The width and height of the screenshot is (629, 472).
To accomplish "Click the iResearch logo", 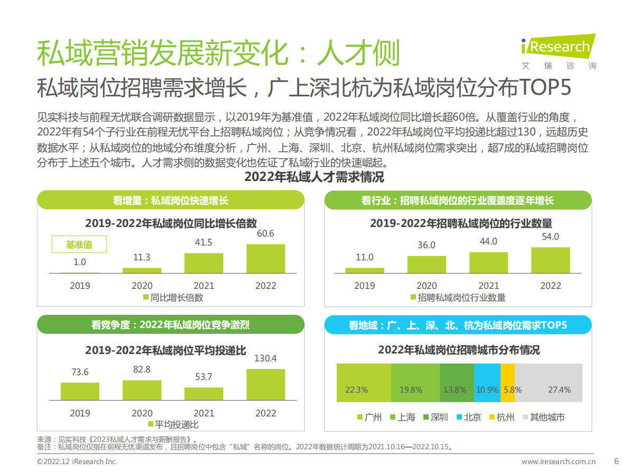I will click(x=557, y=51).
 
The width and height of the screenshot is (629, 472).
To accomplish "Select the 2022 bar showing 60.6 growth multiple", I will click(x=265, y=258).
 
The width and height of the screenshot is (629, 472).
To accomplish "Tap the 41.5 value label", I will click(x=203, y=242).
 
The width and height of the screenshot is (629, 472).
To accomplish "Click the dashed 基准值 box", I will click(x=79, y=244).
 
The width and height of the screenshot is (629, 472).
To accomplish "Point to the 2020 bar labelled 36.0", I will click(x=426, y=264).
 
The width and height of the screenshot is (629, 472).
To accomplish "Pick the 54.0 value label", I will click(x=550, y=237).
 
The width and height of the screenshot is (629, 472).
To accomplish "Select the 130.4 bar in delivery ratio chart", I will click(x=265, y=384).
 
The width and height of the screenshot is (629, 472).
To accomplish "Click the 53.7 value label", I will click(x=203, y=377).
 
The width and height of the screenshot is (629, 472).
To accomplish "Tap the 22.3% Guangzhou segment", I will click(x=364, y=383).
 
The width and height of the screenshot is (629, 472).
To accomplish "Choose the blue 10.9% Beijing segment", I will click(x=487, y=383).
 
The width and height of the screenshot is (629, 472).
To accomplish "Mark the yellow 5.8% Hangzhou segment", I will click(x=507, y=383).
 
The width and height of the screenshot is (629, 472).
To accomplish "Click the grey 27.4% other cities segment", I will click(x=549, y=383).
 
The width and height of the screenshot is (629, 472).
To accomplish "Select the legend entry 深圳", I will click(x=434, y=417).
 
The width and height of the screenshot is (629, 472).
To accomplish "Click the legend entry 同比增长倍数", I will click(x=173, y=297).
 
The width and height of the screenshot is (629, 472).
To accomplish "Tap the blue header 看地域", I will click(x=458, y=325).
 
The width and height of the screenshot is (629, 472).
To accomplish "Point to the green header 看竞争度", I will click(x=170, y=324).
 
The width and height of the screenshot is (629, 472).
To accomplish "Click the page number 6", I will click(x=616, y=461).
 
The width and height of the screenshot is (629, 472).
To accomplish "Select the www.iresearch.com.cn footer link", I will click(x=559, y=461).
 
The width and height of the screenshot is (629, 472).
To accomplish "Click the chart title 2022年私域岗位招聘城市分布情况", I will click(x=459, y=350).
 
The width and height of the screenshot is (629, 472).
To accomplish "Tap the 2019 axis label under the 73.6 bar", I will click(x=80, y=413).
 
